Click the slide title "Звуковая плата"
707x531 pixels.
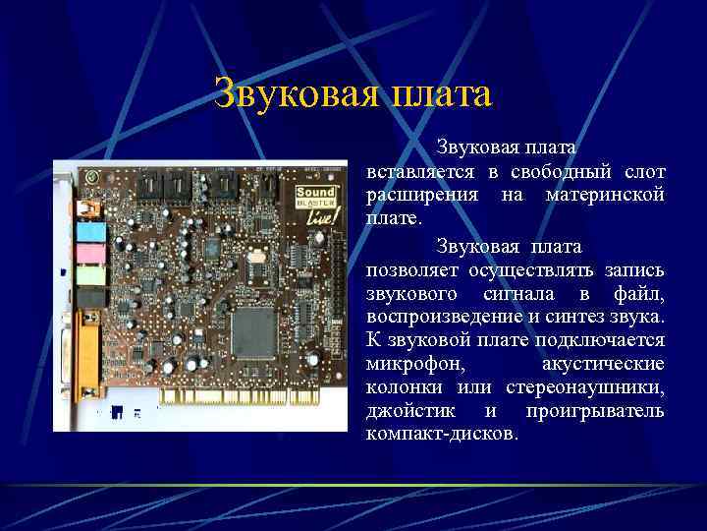(353, 94)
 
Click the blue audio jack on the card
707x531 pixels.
(90, 231)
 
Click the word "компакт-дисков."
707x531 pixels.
(441, 434)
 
